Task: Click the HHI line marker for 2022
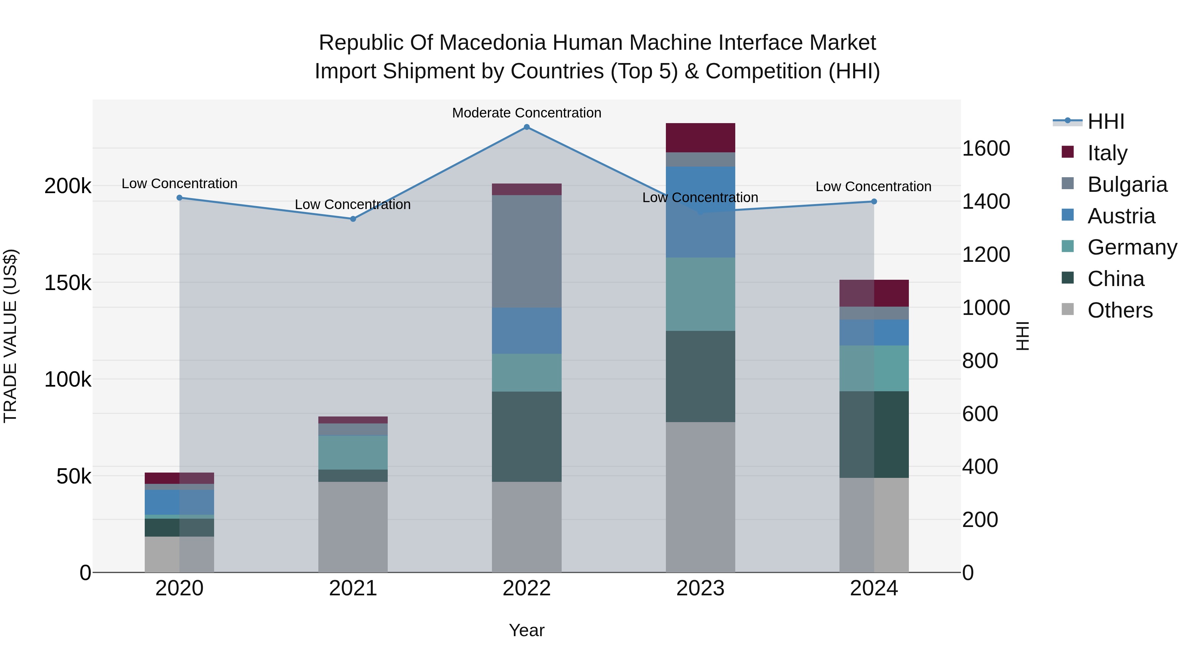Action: click(526, 127)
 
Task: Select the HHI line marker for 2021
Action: click(353, 219)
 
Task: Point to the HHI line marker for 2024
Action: click(874, 202)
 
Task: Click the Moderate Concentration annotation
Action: click(526, 113)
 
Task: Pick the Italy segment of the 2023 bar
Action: click(700, 138)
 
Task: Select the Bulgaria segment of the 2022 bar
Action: click(526, 251)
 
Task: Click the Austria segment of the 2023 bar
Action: click(700, 212)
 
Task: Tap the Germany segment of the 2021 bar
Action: click(353, 453)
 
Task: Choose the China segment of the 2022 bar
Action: click(526, 436)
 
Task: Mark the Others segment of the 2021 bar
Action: click(353, 527)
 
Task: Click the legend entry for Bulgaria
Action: click(1127, 185)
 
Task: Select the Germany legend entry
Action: click(1132, 247)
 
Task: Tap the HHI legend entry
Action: click(1106, 121)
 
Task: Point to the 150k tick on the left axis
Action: click(68, 282)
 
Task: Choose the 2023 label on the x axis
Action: click(700, 588)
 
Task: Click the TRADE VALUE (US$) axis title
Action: click(11, 336)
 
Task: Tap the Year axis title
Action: click(526, 630)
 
